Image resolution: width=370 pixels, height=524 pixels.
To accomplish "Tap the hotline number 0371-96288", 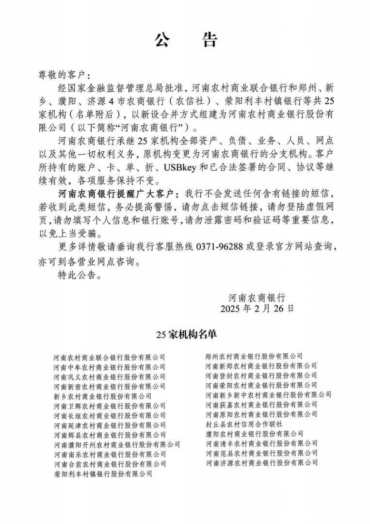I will click(224, 246).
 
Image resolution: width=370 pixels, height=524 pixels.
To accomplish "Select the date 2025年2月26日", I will click(257, 308).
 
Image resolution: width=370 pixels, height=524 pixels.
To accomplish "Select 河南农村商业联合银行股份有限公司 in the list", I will click(110, 358).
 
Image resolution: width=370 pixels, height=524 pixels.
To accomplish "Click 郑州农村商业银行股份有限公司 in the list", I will click(254, 357).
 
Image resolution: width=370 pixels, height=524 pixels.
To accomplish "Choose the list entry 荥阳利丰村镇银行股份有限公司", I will click(102, 474).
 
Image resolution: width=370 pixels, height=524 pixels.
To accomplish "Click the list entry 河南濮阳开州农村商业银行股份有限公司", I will click(117, 444).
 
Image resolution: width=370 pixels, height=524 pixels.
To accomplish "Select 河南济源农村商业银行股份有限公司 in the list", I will click(261, 462).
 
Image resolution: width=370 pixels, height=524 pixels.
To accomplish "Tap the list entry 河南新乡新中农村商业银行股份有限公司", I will click(269, 394).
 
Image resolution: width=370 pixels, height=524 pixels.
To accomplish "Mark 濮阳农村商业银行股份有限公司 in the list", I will click(254, 433).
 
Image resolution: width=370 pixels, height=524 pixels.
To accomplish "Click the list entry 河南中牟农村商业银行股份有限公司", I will click(110, 367).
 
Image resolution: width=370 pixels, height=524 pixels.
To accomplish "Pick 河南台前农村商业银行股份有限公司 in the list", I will click(110, 464).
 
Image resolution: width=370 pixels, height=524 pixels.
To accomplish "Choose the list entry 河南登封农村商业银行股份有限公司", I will click(261, 376).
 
